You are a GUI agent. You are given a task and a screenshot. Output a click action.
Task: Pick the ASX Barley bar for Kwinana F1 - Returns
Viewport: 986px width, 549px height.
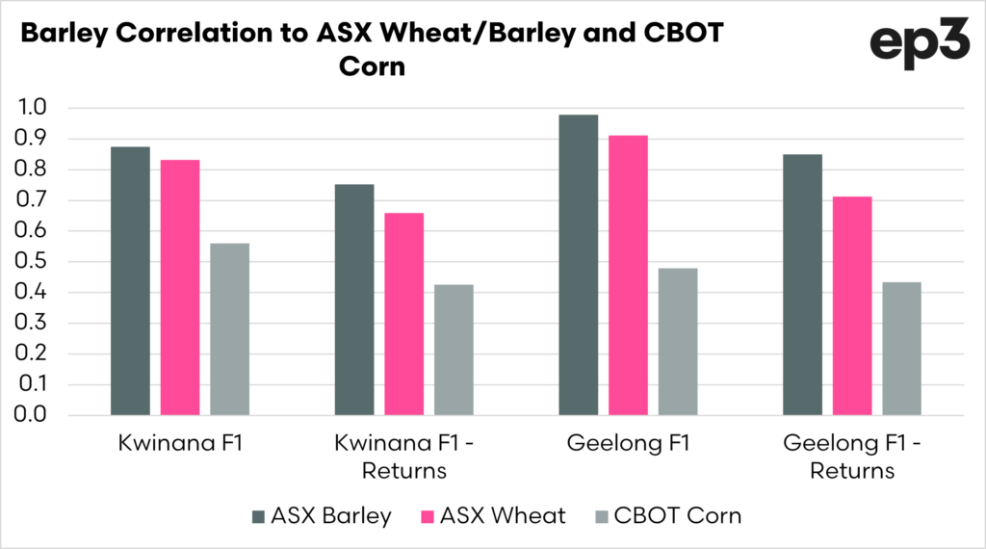coord(354,300)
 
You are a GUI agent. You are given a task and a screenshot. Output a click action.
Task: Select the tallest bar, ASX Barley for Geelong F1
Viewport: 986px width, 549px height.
coord(578,265)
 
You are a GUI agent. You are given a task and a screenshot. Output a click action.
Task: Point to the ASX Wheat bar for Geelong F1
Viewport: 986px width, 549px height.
coord(628,275)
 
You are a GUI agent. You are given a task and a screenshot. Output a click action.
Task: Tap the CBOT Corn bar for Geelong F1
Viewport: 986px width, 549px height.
coord(678,342)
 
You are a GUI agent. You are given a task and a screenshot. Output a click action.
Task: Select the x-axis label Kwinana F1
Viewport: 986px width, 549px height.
coord(160,446)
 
